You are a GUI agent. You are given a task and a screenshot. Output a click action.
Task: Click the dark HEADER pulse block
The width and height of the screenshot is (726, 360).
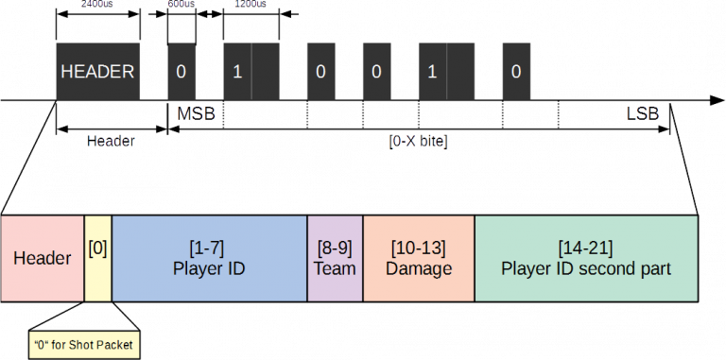[97, 71]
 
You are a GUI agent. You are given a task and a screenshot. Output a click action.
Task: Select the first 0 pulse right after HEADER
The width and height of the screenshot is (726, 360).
[181, 71]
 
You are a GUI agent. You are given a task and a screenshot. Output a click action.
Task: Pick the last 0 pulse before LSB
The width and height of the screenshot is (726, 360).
[515, 71]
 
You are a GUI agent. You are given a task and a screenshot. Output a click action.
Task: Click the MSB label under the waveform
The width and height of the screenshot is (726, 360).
[197, 113]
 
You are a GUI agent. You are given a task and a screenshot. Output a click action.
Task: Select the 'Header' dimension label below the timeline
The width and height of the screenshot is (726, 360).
[111, 141]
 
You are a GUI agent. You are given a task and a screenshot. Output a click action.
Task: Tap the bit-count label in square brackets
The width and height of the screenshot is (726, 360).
[418, 142]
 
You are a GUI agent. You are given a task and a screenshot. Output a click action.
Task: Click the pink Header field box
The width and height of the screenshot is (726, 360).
[43, 258]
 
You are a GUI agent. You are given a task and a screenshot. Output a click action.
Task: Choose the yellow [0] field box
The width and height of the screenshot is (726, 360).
[97, 258]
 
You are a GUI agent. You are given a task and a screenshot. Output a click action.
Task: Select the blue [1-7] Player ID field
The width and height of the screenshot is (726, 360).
[210, 258]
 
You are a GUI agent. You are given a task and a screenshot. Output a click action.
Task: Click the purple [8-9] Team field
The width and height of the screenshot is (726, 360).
[335, 258]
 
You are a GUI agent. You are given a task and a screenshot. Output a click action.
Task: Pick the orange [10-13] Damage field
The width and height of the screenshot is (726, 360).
[419, 258]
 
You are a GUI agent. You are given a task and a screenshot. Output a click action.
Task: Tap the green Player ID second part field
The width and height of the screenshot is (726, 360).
[586, 258]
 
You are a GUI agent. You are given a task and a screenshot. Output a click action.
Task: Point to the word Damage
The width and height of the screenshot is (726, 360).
[419, 269]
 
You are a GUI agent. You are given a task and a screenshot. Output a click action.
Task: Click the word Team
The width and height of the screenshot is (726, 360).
[335, 269]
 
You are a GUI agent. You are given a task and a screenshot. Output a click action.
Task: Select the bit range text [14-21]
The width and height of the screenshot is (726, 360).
[586, 248]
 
